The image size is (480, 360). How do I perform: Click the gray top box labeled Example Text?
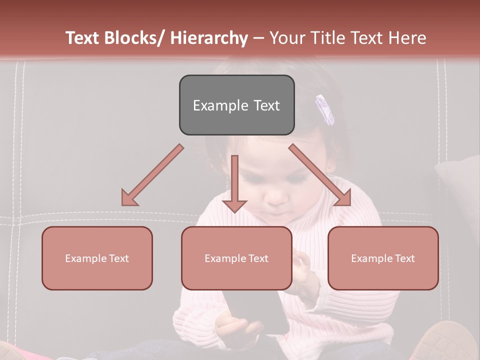click(x=236, y=105)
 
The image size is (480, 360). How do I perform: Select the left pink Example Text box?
click(x=97, y=258)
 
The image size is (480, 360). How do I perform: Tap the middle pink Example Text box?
click(x=236, y=258)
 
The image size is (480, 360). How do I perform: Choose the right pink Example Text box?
click(x=383, y=258)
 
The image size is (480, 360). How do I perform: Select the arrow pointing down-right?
click(x=321, y=175)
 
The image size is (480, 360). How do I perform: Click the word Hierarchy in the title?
click(x=209, y=38)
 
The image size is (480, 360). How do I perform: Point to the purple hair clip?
click(x=324, y=109)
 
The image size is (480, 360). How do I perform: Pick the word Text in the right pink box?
click(x=405, y=258)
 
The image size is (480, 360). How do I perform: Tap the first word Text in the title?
click(x=83, y=38)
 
